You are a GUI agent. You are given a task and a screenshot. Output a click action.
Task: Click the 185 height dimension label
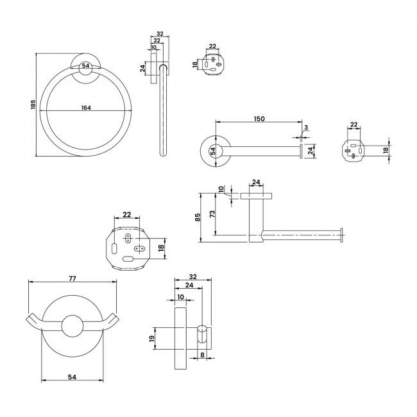click(x=33, y=104)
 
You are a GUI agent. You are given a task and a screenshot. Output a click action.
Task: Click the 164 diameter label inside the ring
click(x=86, y=107)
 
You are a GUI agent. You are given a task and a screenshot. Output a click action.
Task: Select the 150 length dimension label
click(x=259, y=119)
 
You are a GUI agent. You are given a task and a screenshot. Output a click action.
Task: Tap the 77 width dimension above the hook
click(x=72, y=278)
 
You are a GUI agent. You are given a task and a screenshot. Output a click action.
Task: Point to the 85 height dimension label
click(x=198, y=217)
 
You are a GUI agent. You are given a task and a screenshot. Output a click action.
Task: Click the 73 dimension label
click(x=212, y=214)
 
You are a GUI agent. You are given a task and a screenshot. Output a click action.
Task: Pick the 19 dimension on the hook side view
click(x=152, y=338)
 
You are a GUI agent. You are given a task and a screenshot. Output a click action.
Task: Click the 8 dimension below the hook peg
click(x=202, y=355)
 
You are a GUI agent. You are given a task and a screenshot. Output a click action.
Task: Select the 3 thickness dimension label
click(x=306, y=128)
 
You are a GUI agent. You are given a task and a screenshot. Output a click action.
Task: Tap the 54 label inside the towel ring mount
click(x=85, y=65)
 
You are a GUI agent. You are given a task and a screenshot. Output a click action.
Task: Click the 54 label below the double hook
click(x=72, y=377)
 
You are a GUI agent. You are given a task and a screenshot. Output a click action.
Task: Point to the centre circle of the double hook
click(x=72, y=326)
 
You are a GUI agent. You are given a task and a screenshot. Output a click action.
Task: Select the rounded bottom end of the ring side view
click(x=164, y=153)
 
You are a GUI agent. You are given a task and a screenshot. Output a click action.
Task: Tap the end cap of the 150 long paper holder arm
click(x=302, y=151)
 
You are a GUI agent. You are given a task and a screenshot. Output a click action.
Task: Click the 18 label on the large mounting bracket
click(x=161, y=248)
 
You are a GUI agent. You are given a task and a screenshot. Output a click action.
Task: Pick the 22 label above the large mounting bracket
click(x=127, y=214)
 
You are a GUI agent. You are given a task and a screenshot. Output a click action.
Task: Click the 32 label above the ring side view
click(x=160, y=34)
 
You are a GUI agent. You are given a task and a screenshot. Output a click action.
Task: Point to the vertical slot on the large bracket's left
click(x=114, y=248)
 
